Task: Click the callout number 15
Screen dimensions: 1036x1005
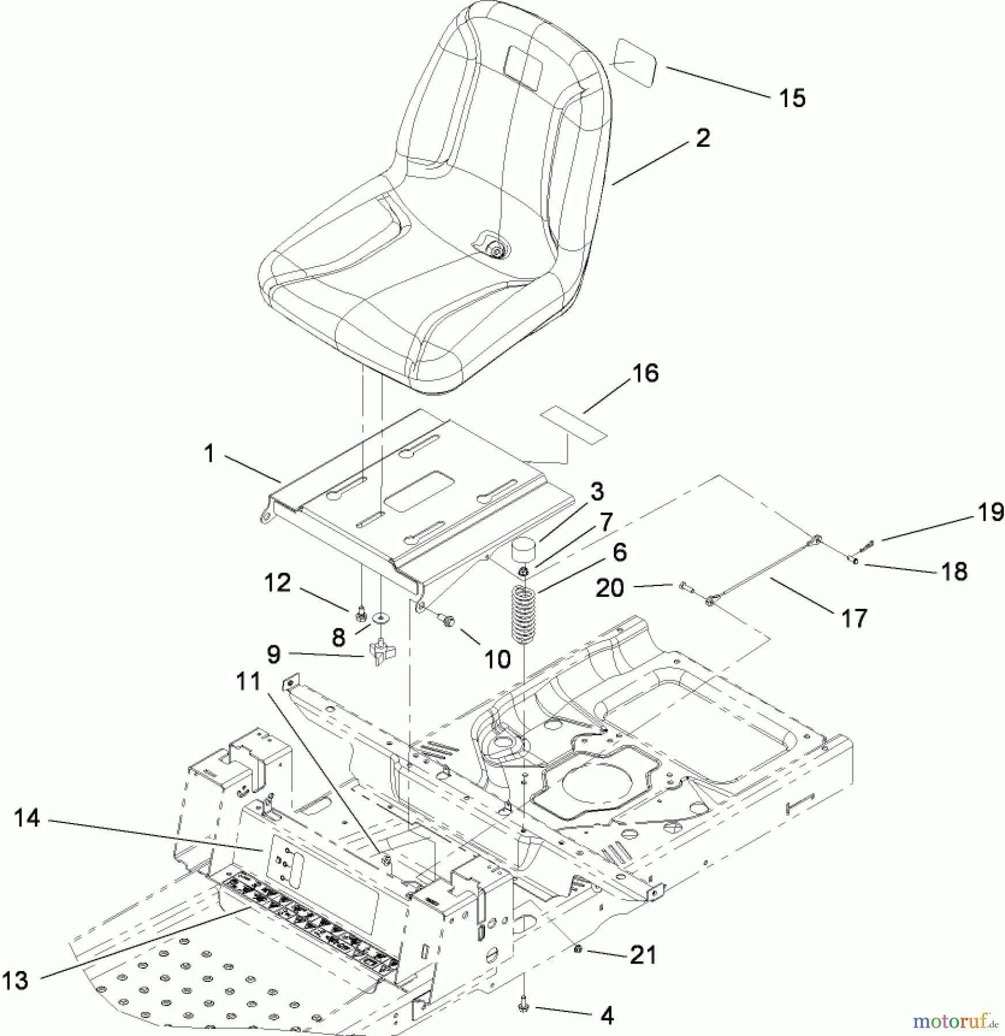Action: click(x=792, y=98)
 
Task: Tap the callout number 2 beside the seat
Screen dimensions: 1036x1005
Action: click(x=703, y=138)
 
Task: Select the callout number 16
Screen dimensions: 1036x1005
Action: click(x=645, y=374)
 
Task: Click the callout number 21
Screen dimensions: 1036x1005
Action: click(x=643, y=956)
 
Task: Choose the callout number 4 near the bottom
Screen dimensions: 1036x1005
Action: click(x=606, y=1016)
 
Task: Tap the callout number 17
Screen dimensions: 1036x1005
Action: click(x=854, y=619)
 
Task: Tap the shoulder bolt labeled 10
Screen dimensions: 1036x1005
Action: click(x=448, y=620)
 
